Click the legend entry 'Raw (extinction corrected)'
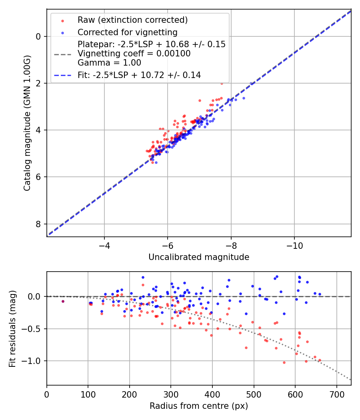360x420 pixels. coord(132,20)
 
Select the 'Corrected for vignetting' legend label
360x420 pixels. coord(128,32)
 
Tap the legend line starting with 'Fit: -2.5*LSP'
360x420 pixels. coord(139,75)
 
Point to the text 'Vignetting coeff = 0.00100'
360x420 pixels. coord(134,53)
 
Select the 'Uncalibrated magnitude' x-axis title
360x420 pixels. coord(199,257)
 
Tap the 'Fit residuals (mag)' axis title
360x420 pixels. coord(12,328)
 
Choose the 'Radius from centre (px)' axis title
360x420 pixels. coord(199,406)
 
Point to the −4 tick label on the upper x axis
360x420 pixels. coord(104,245)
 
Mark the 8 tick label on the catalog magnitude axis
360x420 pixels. coord(39,224)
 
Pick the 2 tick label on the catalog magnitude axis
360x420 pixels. coord(39,83)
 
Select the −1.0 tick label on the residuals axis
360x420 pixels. coord(33,361)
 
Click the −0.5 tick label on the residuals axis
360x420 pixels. coord(33,329)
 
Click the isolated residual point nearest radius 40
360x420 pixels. coord(63,301)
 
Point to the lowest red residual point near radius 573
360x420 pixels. coord(284,362)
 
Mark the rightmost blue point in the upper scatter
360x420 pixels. coord(251,84)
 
